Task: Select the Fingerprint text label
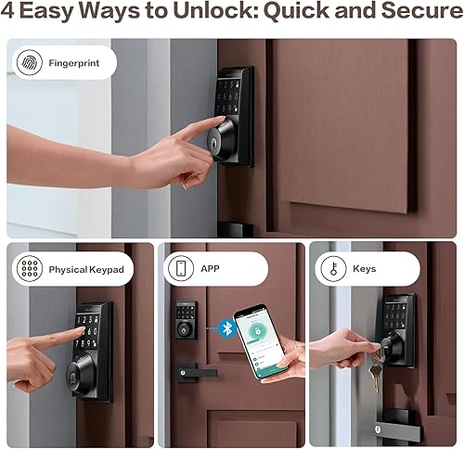pos(77,63)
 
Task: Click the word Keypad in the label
pos(104,269)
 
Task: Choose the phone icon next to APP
pos(179,269)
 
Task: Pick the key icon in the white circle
pos(332,269)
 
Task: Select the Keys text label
pos(365,269)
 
